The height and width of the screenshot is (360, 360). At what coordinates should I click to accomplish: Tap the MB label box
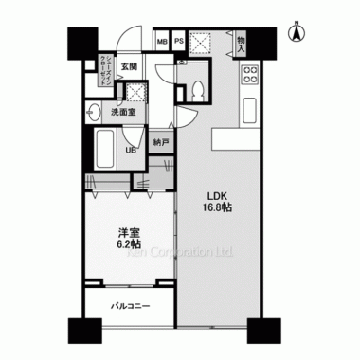[x=161, y=43]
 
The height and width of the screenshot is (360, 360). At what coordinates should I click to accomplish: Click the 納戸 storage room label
[x=163, y=143]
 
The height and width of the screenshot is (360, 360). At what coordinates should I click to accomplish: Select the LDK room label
[x=219, y=198]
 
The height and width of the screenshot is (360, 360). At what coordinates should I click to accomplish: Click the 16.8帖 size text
[x=219, y=211]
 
